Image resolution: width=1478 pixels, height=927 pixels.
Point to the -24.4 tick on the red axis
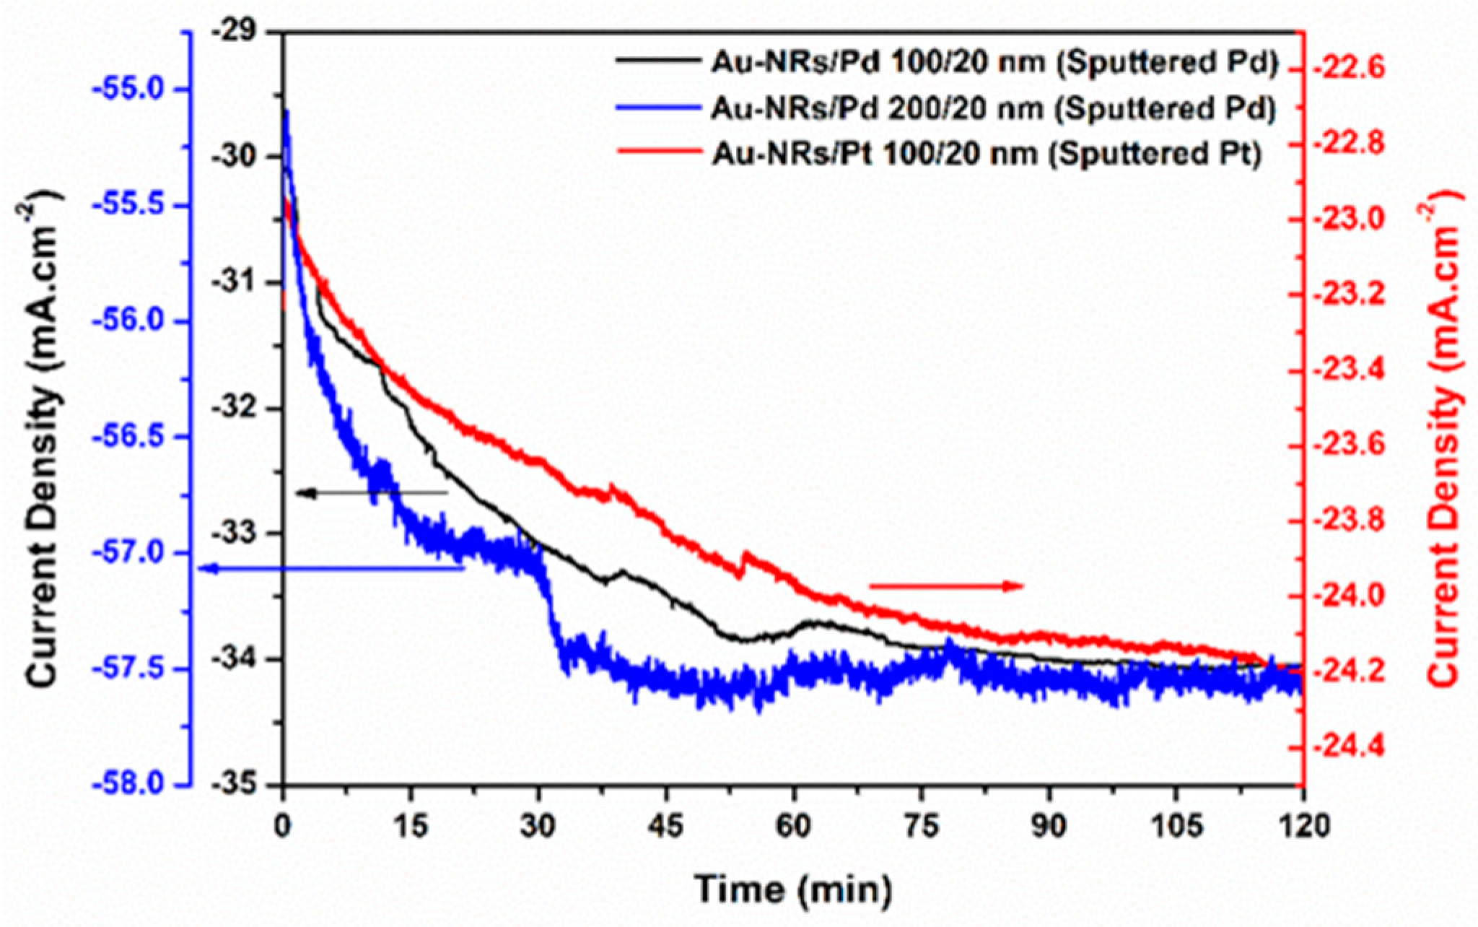pos(1360,747)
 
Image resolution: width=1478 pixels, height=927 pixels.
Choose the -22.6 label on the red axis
pos(1360,70)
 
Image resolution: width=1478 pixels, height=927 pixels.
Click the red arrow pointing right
pos(946,586)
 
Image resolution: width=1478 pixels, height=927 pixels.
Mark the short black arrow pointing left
pos(372,493)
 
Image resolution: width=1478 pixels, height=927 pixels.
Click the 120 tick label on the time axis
pos(1303,826)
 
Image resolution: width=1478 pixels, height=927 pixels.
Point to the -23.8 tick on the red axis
pos(1360,521)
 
